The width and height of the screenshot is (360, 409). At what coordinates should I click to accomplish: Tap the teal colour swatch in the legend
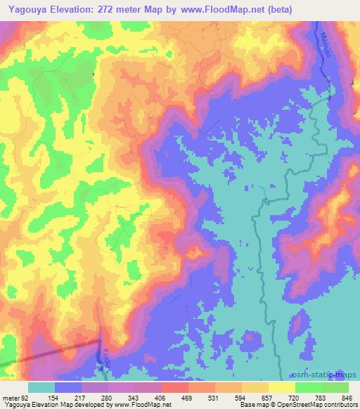[x=41, y=388]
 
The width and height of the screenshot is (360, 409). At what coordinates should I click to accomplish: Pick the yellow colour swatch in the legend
[x=281, y=388]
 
